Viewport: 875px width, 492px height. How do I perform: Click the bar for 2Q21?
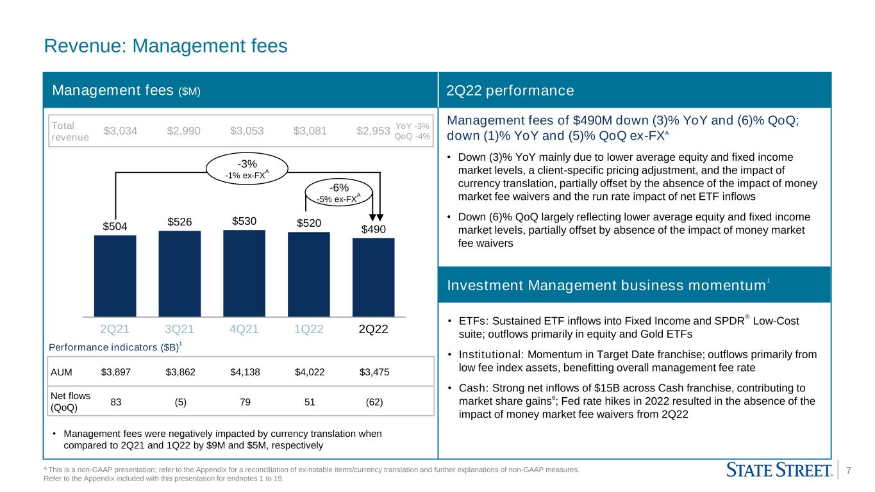[x=115, y=275]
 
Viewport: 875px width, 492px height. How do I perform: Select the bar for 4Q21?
[x=244, y=274]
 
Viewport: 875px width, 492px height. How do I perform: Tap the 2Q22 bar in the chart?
[x=374, y=277]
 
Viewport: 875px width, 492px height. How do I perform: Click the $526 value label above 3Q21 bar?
[x=179, y=222]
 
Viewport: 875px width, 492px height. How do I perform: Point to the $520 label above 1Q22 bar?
[x=309, y=223]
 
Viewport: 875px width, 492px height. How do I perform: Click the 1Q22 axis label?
[x=308, y=329]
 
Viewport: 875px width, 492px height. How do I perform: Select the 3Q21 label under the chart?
[x=179, y=329]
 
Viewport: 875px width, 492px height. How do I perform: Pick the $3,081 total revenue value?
[x=310, y=131]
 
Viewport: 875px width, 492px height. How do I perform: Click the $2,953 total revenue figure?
[x=374, y=131]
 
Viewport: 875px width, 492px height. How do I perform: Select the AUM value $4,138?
[x=245, y=372]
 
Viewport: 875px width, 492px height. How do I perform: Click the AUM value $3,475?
[x=374, y=372]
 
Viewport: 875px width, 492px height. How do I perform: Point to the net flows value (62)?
[x=374, y=402]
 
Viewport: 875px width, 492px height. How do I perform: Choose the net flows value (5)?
[x=181, y=402]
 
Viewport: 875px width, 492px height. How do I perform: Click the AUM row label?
[x=62, y=372]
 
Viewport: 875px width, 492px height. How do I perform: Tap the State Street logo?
[x=779, y=470]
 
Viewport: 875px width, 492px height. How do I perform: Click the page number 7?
[x=849, y=470]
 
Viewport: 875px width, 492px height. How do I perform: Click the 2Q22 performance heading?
[x=510, y=90]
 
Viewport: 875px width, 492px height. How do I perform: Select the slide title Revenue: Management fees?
[x=165, y=45]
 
